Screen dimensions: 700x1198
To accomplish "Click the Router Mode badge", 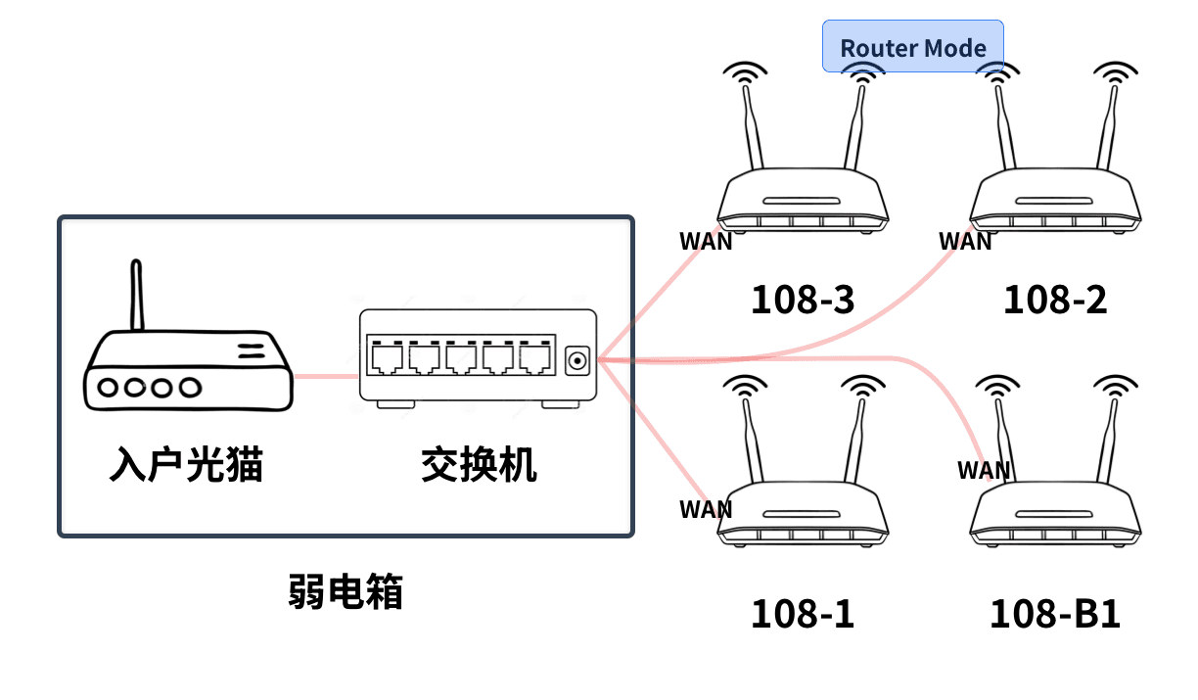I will click(912, 46).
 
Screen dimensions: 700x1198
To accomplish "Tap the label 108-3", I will click(802, 300).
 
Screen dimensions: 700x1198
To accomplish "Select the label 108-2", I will click(1055, 300).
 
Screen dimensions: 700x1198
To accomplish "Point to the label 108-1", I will click(802, 614).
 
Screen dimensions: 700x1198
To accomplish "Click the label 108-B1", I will click(1055, 615).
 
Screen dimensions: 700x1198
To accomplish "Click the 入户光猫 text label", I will click(186, 464).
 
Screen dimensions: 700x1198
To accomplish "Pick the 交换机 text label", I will click(479, 464).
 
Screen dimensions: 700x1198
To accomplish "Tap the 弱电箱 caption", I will click(346, 591).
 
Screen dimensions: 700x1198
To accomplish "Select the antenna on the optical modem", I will click(137, 294).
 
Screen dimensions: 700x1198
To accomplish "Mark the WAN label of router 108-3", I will click(706, 241).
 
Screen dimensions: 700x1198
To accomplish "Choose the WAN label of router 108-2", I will click(965, 241).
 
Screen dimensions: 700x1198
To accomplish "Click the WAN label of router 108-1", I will click(706, 509).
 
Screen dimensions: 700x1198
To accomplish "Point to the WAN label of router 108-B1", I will click(983, 470).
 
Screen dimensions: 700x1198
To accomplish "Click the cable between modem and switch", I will click(326, 374).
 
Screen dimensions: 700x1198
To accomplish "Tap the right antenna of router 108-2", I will click(1108, 127).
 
